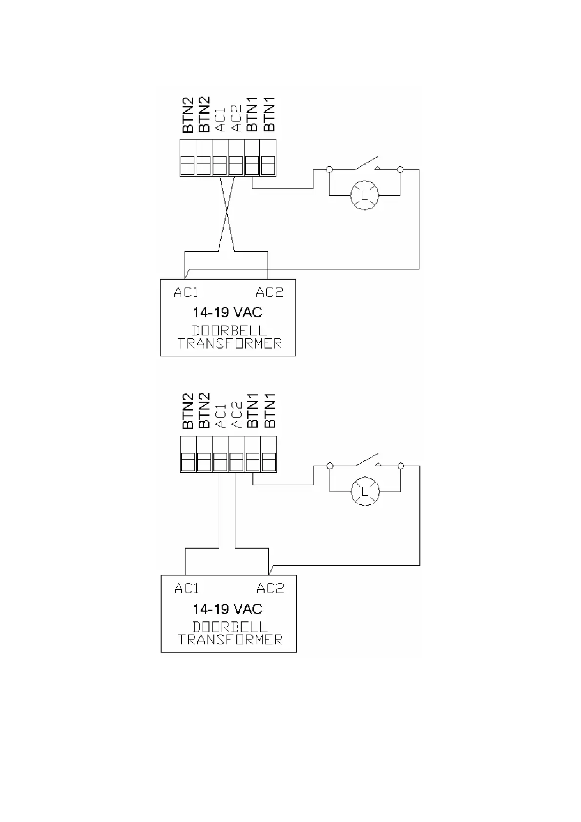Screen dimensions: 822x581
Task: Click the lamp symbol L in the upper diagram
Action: click(365, 195)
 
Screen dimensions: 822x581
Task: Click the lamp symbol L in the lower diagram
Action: click(365, 491)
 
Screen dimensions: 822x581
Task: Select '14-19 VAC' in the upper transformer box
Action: click(228, 312)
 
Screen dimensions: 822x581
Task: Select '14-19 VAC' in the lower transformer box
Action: click(228, 609)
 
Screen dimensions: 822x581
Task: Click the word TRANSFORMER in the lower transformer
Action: click(230, 639)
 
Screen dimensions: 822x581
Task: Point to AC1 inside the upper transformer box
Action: click(186, 292)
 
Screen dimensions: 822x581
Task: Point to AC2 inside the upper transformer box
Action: click(270, 292)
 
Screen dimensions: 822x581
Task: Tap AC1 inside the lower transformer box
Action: click(187, 589)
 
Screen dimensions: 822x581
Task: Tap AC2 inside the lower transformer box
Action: click(270, 589)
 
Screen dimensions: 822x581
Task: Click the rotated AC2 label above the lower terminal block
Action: click(236, 414)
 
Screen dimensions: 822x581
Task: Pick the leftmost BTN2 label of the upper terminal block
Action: click(188, 115)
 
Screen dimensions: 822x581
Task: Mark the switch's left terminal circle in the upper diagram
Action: click(330, 169)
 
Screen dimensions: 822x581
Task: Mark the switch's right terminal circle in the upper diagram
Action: click(400, 169)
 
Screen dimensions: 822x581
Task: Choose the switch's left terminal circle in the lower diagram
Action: click(330, 466)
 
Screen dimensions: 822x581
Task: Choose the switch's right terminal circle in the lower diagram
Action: click(401, 466)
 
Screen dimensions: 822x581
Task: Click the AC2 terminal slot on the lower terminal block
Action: click(236, 461)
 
